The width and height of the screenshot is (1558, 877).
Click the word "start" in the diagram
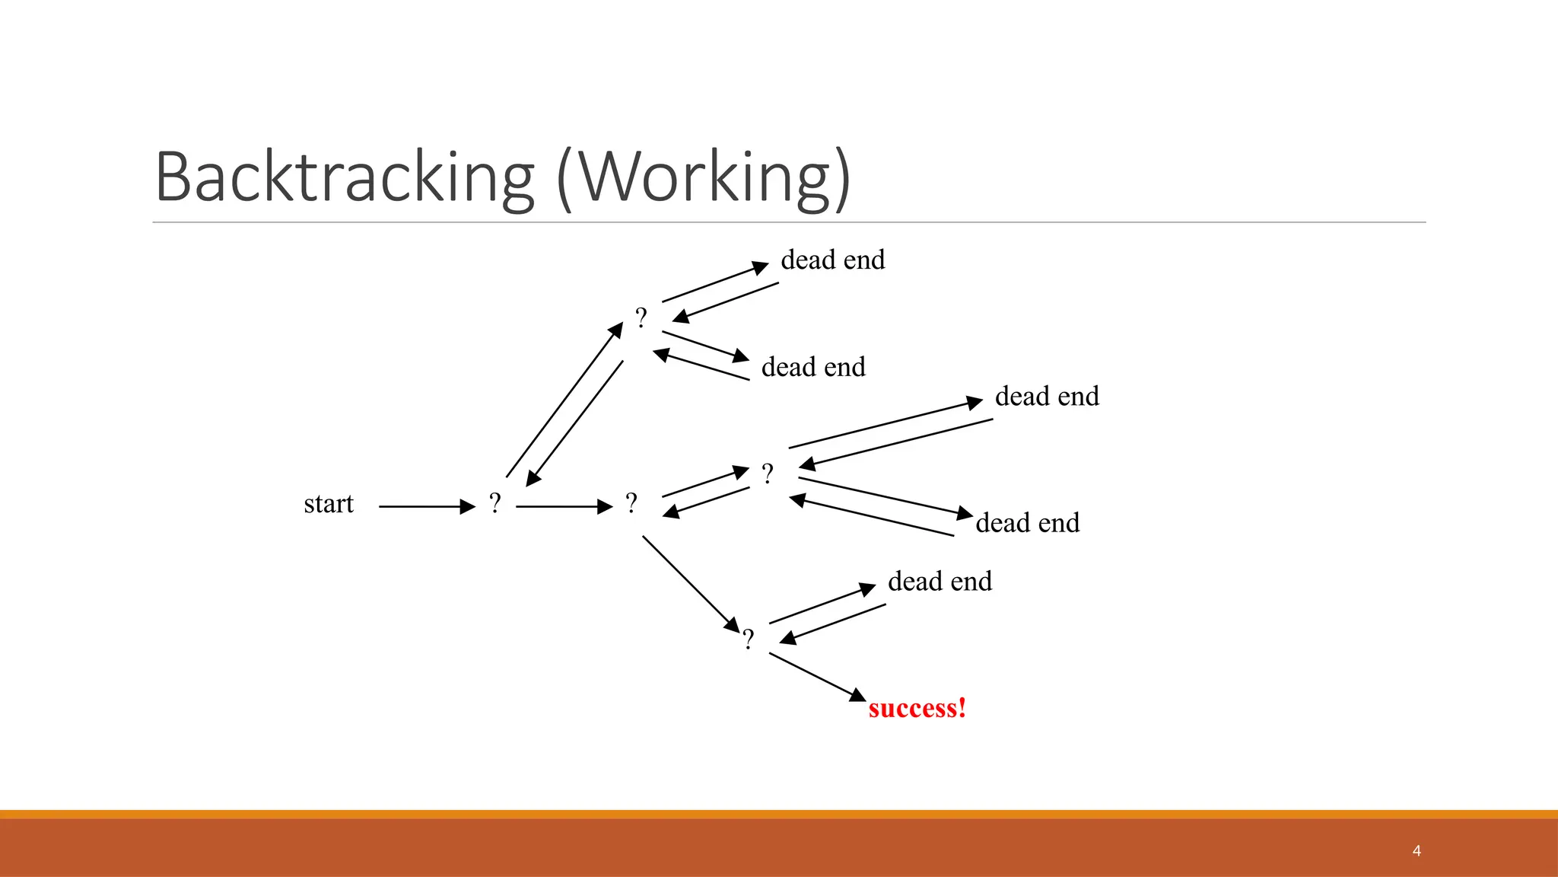coord(329,504)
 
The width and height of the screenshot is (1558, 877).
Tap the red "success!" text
coord(917,708)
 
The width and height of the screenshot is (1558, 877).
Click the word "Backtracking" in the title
coord(345,177)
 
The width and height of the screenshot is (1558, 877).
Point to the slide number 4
coord(1417,850)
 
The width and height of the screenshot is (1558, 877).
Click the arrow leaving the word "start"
coord(426,506)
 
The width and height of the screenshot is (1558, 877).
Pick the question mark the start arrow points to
coord(495,503)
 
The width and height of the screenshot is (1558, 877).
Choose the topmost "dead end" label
coord(833,260)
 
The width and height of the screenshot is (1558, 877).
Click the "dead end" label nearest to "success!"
coord(940,582)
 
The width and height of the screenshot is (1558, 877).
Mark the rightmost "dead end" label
coord(1047,397)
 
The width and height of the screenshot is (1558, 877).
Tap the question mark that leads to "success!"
coord(749,639)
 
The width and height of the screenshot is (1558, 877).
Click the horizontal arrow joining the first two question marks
coord(564,506)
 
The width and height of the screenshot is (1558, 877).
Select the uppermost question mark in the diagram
coord(641,317)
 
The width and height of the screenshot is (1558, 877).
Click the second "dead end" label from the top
coord(813,368)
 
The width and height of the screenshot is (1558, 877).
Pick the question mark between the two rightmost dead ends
coord(768,474)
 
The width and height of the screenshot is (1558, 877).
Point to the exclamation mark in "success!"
coord(962,708)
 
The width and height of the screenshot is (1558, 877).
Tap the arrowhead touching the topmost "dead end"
coord(760,267)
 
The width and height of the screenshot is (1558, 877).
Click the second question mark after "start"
coord(631,503)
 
